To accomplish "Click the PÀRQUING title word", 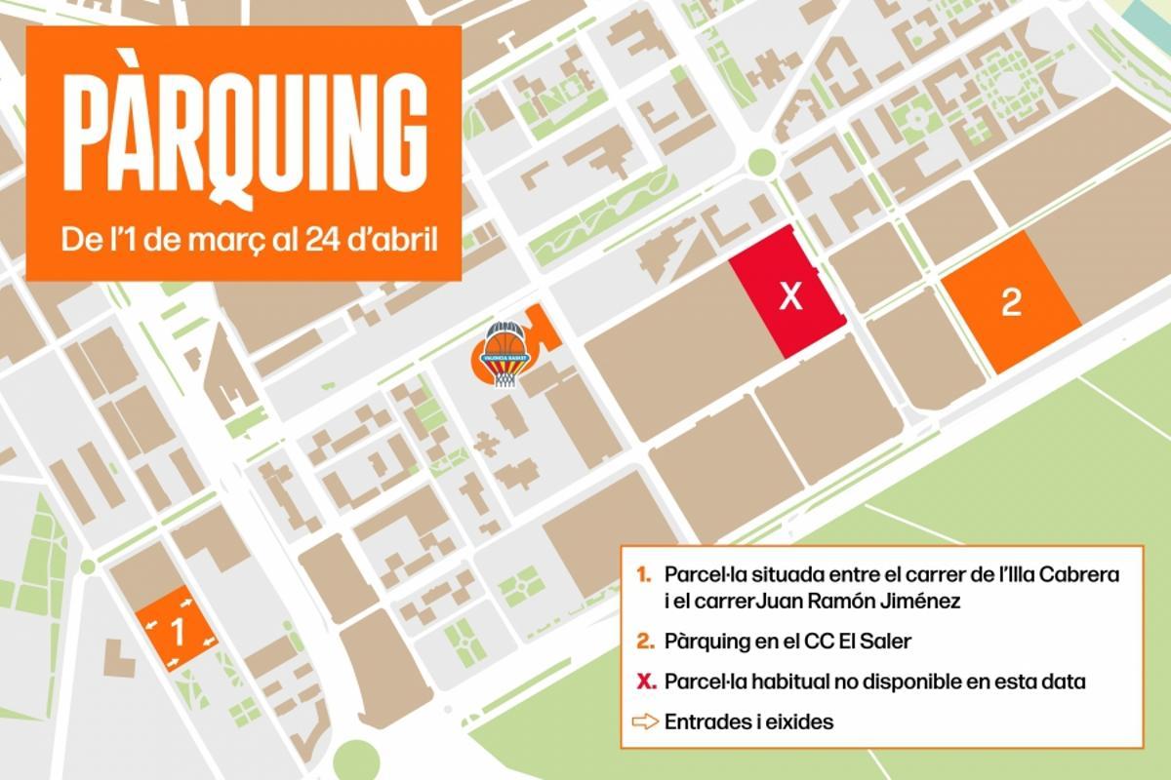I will [x=243, y=134].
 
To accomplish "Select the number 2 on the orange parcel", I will [x=1011, y=303].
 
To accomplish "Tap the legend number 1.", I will [x=643, y=575].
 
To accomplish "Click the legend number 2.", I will [x=644, y=642].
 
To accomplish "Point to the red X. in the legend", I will [x=645, y=681].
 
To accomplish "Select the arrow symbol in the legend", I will [x=646, y=722].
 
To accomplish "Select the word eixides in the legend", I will [x=802, y=722].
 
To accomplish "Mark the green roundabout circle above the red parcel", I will [x=761, y=163].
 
